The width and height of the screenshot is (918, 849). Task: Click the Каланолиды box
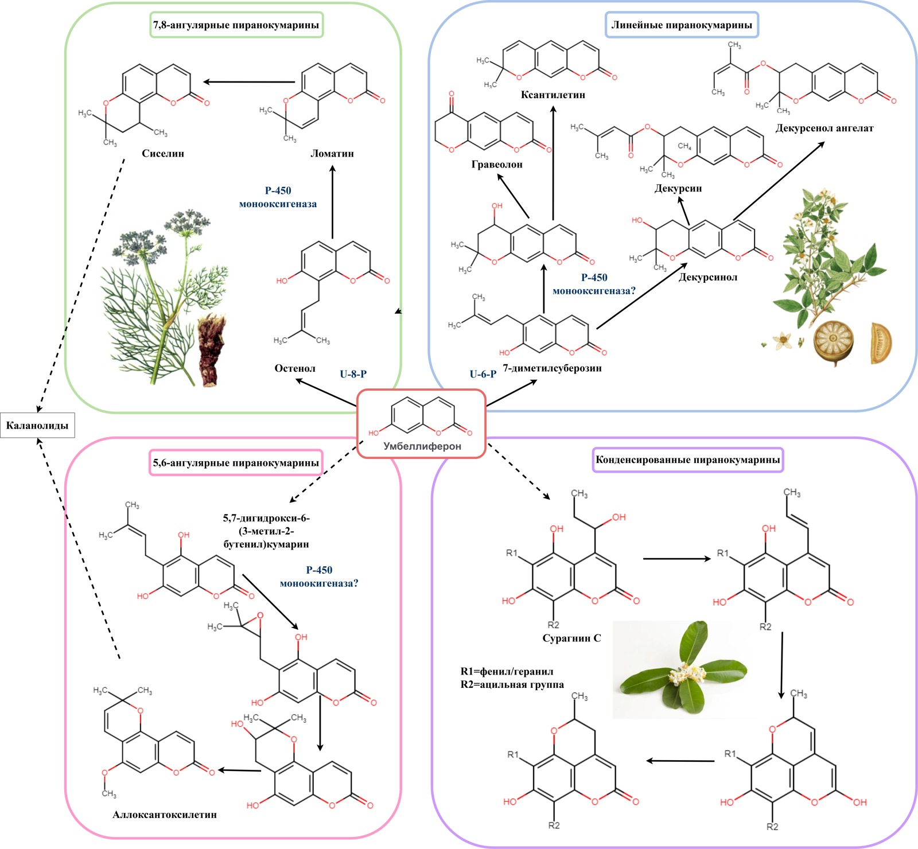[x=37, y=426]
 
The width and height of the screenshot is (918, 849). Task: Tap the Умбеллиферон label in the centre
[x=422, y=446]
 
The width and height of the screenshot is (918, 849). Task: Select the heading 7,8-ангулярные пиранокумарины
[x=236, y=25]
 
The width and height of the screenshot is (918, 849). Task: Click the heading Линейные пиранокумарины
[x=682, y=25]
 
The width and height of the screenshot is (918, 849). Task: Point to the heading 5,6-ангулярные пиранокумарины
[x=236, y=463]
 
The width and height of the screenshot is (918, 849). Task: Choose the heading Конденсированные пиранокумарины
[x=687, y=460]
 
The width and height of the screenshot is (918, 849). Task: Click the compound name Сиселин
[x=163, y=154]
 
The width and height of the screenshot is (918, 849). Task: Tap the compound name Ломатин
[x=332, y=154]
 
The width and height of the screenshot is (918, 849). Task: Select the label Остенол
[x=295, y=368]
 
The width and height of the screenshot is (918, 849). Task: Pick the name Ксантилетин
[x=553, y=95]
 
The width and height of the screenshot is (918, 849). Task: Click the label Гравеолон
[x=497, y=165]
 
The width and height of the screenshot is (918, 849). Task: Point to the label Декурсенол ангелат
[x=824, y=128]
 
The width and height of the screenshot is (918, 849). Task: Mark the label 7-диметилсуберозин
[x=552, y=368]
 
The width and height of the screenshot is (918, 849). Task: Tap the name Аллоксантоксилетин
[x=165, y=815]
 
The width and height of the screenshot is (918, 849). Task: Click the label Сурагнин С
[x=571, y=638]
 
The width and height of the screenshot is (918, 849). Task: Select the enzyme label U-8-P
[x=353, y=374]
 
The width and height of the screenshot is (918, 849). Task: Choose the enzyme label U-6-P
[x=483, y=374]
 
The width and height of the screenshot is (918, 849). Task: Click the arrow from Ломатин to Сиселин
[x=249, y=82]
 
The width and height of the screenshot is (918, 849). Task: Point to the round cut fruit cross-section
[x=834, y=342]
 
